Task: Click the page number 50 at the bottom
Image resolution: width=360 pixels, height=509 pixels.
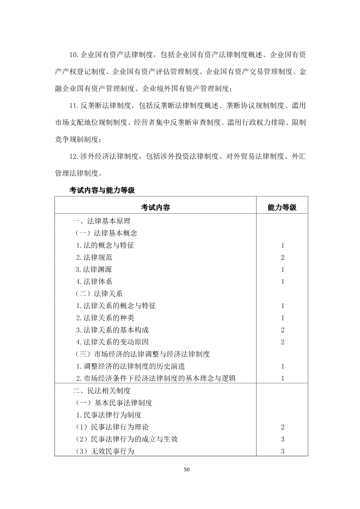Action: click(186, 469)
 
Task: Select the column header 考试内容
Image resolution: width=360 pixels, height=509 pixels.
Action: click(155, 207)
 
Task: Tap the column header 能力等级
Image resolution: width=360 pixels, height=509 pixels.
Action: click(282, 207)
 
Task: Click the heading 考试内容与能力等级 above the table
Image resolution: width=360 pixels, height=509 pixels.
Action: click(102, 190)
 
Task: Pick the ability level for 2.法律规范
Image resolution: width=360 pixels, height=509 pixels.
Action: click(282, 258)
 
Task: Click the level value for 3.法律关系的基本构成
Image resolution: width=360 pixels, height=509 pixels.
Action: click(282, 330)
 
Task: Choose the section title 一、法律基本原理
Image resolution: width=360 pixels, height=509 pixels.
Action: click(102, 221)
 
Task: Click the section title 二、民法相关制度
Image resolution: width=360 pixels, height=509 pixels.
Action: click(102, 390)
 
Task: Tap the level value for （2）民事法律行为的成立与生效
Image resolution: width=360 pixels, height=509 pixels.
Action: click(282, 439)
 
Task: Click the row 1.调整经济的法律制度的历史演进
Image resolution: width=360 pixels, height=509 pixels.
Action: click(131, 366)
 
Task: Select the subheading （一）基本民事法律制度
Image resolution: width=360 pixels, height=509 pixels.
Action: click(113, 402)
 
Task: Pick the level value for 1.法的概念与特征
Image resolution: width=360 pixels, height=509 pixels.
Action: click(282, 245)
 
